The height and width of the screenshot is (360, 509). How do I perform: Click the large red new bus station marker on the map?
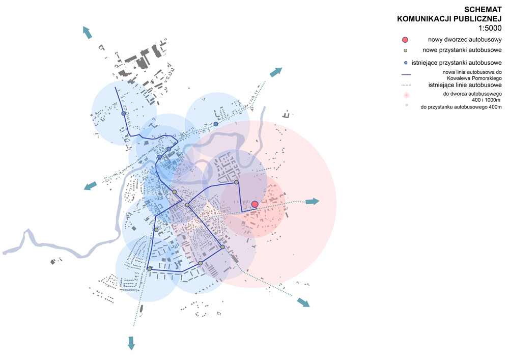coord(255,204)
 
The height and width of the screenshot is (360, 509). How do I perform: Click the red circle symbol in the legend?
coord(405,40)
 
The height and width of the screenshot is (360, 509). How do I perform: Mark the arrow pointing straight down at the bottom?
coord(131,343)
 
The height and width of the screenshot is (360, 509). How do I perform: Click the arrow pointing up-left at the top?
coord(88,32)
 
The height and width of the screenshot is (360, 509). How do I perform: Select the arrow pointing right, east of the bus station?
coord(312,202)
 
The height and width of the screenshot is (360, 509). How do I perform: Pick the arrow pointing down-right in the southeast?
coord(303,302)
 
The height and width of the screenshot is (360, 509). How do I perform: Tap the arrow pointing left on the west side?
coord(91,186)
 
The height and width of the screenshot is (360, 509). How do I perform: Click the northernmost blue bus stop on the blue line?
coord(124,114)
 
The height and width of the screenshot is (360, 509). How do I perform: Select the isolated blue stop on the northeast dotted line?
coord(216,124)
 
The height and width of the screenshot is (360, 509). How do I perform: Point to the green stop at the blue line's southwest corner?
coord(150,268)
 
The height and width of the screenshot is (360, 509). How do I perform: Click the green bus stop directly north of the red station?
coord(237,182)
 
